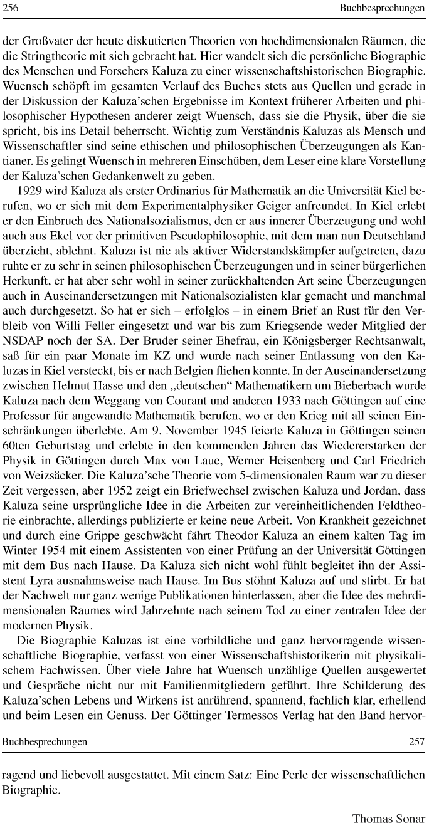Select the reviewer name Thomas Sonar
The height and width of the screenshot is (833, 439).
(x=389, y=819)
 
